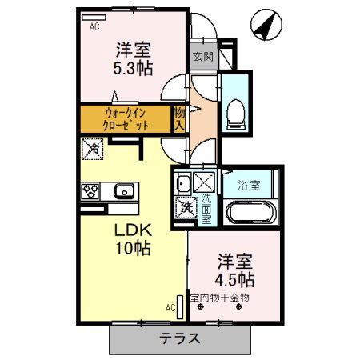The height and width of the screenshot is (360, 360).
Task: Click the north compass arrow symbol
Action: pos(265,26)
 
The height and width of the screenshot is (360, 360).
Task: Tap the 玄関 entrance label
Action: pos(202,57)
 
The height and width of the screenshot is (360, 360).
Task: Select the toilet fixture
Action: pos(236,112)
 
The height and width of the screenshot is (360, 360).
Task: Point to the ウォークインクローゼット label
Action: pos(126,119)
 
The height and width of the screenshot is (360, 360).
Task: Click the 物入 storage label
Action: pos(180,119)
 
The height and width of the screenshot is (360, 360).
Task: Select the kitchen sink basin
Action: pos(123,190)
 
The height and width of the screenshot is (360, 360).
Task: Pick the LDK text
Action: pos(124,230)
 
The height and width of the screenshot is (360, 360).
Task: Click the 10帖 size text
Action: pos(124,249)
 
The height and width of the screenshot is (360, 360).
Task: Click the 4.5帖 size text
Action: pos(235,280)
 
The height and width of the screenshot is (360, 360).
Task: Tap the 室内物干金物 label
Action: pos(219,298)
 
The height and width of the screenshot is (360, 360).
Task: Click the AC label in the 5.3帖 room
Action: pos(94,26)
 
